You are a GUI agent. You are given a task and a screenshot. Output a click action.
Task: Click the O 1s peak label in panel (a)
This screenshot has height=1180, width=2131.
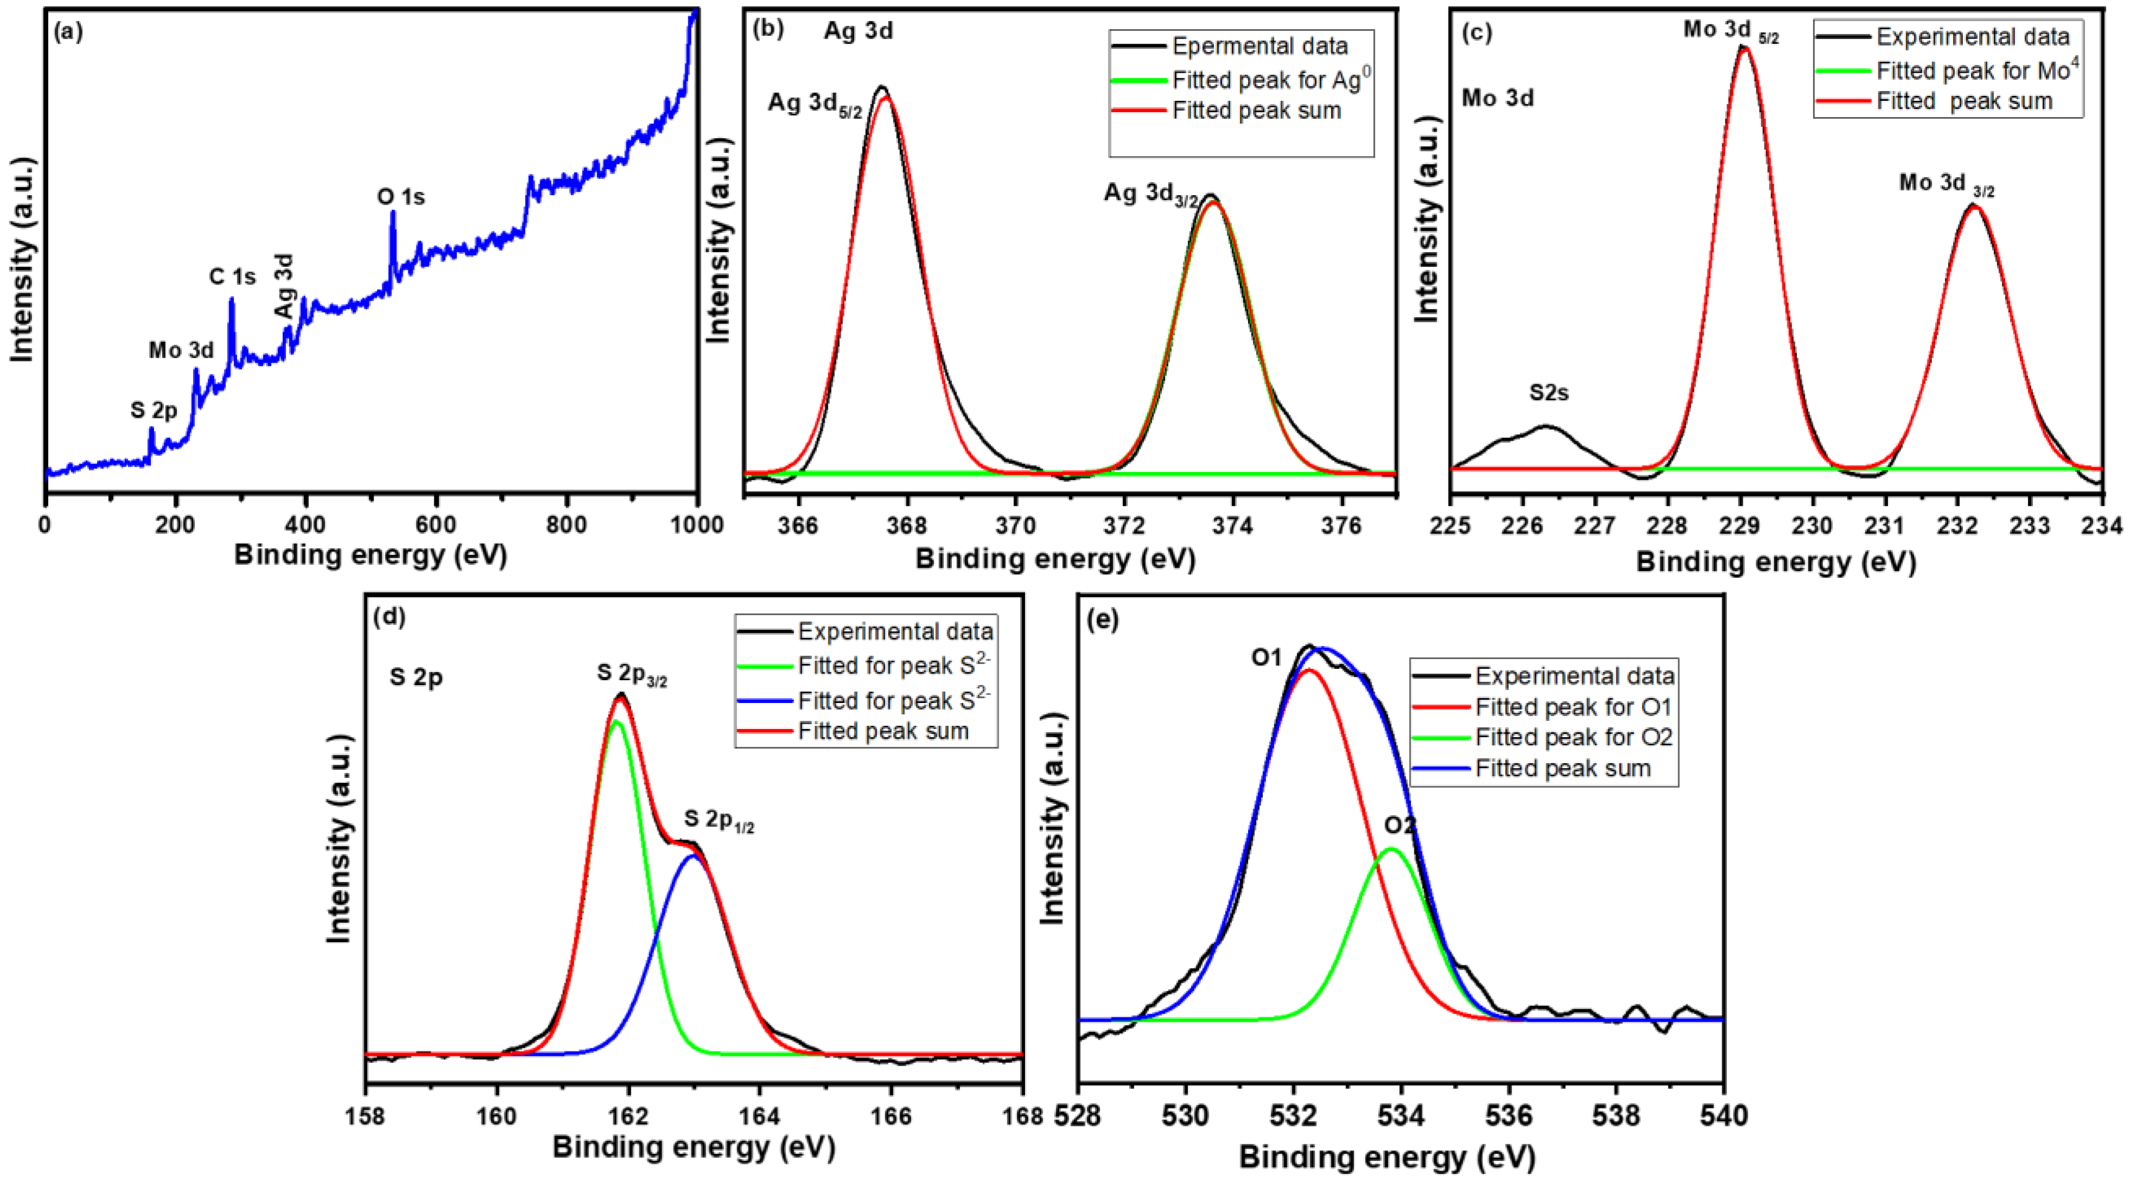pyautogui.click(x=401, y=197)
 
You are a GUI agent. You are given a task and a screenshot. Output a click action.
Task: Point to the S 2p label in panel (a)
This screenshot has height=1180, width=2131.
pyautogui.click(x=154, y=410)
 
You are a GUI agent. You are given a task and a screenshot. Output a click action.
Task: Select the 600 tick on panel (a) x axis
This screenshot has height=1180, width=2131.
pyautogui.click(x=436, y=524)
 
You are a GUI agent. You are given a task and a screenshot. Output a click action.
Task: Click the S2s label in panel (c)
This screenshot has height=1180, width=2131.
pyautogui.click(x=1548, y=393)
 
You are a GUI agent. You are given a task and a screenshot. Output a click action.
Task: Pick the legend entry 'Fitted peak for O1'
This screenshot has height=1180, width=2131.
pyautogui.click(x=1572, y=707)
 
